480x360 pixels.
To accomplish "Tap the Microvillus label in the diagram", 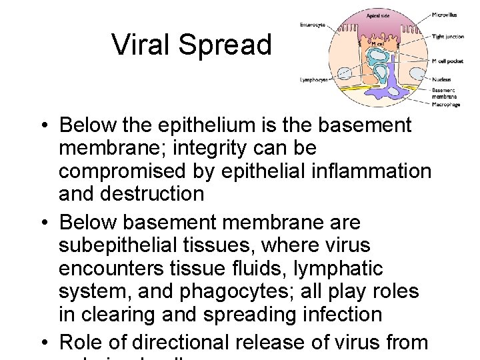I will click(x=445, y=14).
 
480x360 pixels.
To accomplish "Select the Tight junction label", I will click(x=448, y=36).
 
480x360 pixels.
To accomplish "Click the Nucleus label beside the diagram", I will click(x=441, y=79).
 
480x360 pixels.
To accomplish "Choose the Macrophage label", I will click(x=446, y=104).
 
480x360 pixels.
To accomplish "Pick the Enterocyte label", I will click(x=313, y=25).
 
